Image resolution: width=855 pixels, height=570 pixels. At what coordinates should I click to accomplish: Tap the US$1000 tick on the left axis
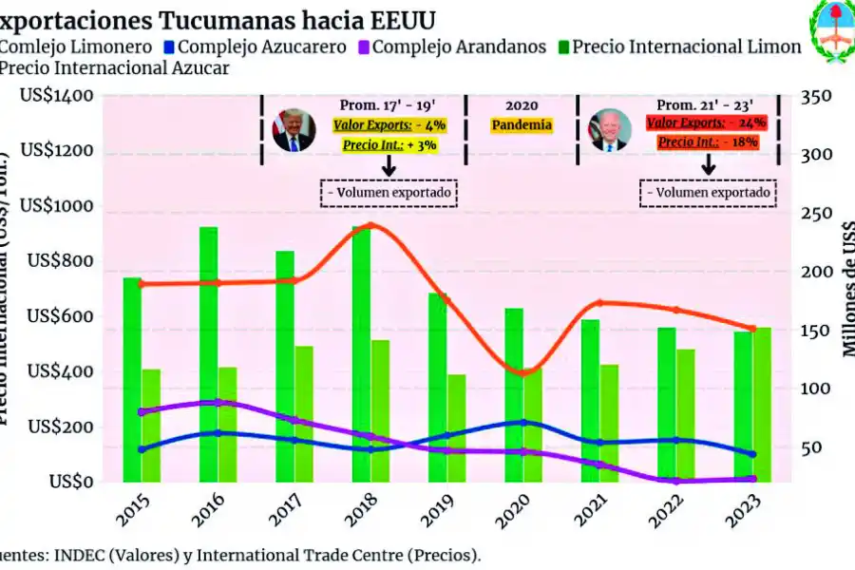(x=60, y=206)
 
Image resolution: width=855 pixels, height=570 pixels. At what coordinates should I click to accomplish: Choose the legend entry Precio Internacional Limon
(x=678, y=46)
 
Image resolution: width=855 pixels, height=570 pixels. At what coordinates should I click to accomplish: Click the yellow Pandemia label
(x=522, y=124)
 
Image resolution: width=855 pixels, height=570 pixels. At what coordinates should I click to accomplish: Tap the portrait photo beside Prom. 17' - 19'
(x=294, y=130)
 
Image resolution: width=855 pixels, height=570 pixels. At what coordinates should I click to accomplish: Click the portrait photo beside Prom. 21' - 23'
(x=608, y=130)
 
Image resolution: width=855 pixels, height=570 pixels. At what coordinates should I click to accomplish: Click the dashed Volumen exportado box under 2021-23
(x=708, y=193)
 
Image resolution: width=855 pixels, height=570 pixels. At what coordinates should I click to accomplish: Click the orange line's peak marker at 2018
(x=370, y=225)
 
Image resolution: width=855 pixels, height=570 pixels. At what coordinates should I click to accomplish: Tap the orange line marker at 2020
(x=522, y=371)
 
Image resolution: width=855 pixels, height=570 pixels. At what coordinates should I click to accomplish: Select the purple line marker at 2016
(x=218, y=403)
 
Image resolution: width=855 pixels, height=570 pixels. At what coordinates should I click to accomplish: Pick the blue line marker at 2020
(x=522, y=422)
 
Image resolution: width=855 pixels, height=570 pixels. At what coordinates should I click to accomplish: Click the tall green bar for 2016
(x=208, y=351)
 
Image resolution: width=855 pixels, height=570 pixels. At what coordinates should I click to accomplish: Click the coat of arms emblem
(x=831, y=30)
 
